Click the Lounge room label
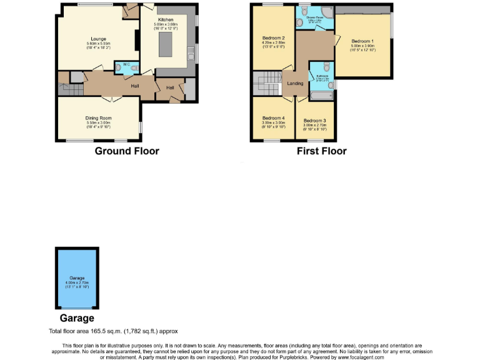click(98, 39)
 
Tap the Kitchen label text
click(166, 20)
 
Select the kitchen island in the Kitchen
click(166, 45)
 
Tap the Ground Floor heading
click(127, 151)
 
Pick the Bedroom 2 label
click(274, 38)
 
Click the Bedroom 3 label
click(315, 120)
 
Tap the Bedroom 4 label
click(273, 118)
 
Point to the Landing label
click(295, 83)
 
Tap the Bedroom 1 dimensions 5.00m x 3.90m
click(362, 46)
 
